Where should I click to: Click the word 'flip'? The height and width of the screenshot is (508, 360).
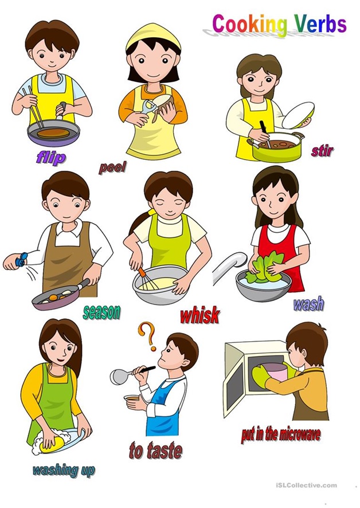51,158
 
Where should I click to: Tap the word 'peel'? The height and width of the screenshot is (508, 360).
112,168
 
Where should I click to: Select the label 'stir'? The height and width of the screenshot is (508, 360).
322,151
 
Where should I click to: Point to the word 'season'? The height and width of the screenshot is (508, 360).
101,312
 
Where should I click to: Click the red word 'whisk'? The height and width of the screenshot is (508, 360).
200,315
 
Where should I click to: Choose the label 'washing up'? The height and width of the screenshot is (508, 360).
64,470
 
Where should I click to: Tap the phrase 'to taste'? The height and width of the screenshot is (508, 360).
155,451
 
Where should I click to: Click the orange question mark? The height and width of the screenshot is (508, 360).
147,337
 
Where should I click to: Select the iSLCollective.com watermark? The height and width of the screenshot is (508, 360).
307,485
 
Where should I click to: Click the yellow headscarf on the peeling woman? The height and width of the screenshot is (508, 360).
153,36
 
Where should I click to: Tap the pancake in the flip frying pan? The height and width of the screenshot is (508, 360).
53,133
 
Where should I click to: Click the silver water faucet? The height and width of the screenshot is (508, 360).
229,266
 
